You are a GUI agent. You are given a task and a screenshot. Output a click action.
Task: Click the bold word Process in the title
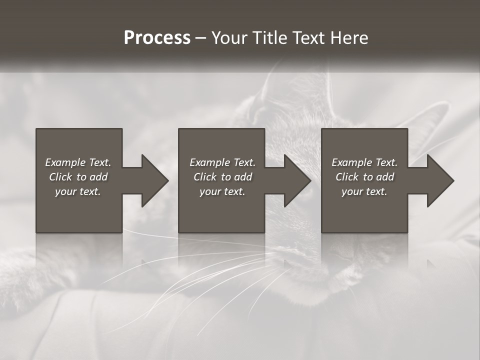(x=157, y=38)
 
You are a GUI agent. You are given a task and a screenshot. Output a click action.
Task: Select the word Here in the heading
(x=348, y=38)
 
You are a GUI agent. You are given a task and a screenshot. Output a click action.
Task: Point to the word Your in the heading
(x=229, y=38)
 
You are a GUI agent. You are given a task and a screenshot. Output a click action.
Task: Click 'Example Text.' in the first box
(x=78, y=162)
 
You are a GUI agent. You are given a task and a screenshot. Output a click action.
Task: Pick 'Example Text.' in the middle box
(x=222, y=162)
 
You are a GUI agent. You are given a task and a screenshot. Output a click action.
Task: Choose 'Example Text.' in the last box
(x=364, y=162)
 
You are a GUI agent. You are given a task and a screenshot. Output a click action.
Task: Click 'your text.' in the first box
(x=78, y=191)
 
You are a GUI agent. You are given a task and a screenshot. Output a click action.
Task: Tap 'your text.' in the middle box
(x=222, y=191)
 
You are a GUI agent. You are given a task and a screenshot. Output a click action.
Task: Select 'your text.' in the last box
(x=364, y=191)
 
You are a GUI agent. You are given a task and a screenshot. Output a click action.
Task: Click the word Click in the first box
(x=60, y=177)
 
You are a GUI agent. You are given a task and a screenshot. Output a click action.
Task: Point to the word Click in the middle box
(x=205, y=177)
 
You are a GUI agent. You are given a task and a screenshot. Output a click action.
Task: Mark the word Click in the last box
(x=347, y=177)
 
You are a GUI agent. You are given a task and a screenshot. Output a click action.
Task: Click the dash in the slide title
(x=201, y=38)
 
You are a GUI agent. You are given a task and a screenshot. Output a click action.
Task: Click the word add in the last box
(x=384, y=177)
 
